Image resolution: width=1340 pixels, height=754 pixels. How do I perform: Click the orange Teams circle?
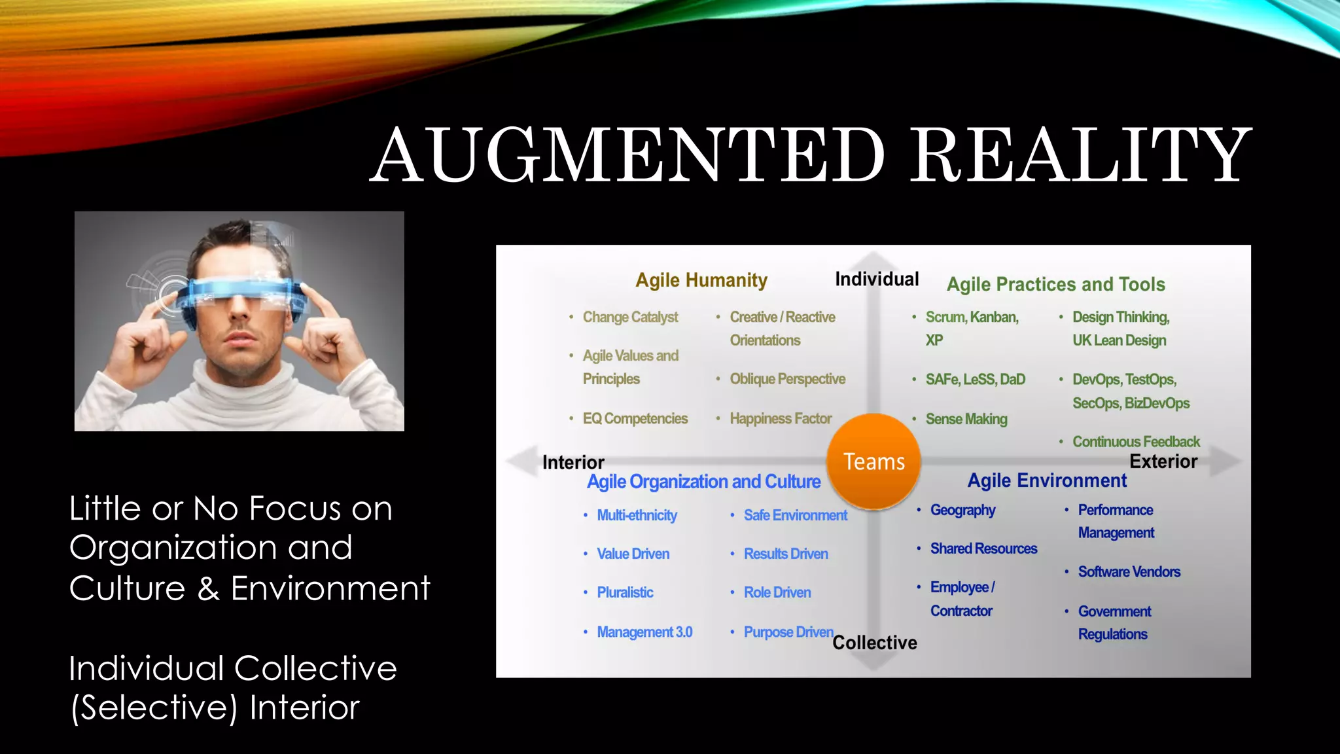click(873, 461)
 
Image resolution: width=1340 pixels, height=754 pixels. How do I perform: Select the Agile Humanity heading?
click(701, 280)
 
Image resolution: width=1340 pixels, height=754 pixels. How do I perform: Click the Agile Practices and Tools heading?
click(1055, 284)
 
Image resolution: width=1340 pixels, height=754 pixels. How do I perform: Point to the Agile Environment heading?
click(1047, 480)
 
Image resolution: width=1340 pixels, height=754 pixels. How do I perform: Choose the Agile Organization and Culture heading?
click(703, 482)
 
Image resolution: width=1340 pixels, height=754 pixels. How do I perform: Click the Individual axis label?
click(877, 279)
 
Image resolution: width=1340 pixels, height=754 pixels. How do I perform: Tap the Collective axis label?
click(874, 643)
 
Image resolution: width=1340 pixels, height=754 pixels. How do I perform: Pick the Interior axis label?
click(573, 462)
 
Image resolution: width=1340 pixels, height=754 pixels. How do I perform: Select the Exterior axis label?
click(1163, 461)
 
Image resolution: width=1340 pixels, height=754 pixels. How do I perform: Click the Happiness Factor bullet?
click(781, 418)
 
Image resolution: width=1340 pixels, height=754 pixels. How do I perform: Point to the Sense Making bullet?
click(966, 419)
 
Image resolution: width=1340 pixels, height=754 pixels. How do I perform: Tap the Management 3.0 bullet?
click(644, 632)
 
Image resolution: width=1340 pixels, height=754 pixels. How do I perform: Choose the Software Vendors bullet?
click(1129, 571)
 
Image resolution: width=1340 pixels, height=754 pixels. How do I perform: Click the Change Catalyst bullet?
click(630, 317)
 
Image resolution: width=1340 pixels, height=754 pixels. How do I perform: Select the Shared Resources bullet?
click(983, 548)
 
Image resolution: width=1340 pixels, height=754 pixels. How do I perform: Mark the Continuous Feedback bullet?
click(1136, 442)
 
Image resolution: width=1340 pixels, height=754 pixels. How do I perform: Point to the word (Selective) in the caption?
click(154, 708)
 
